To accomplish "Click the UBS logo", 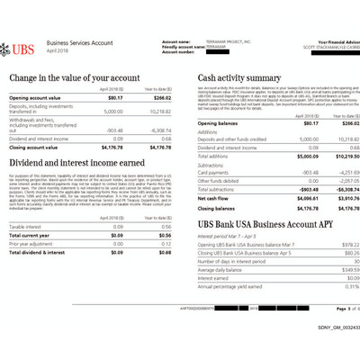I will [22, 46].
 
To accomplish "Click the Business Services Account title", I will [82, 42].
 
